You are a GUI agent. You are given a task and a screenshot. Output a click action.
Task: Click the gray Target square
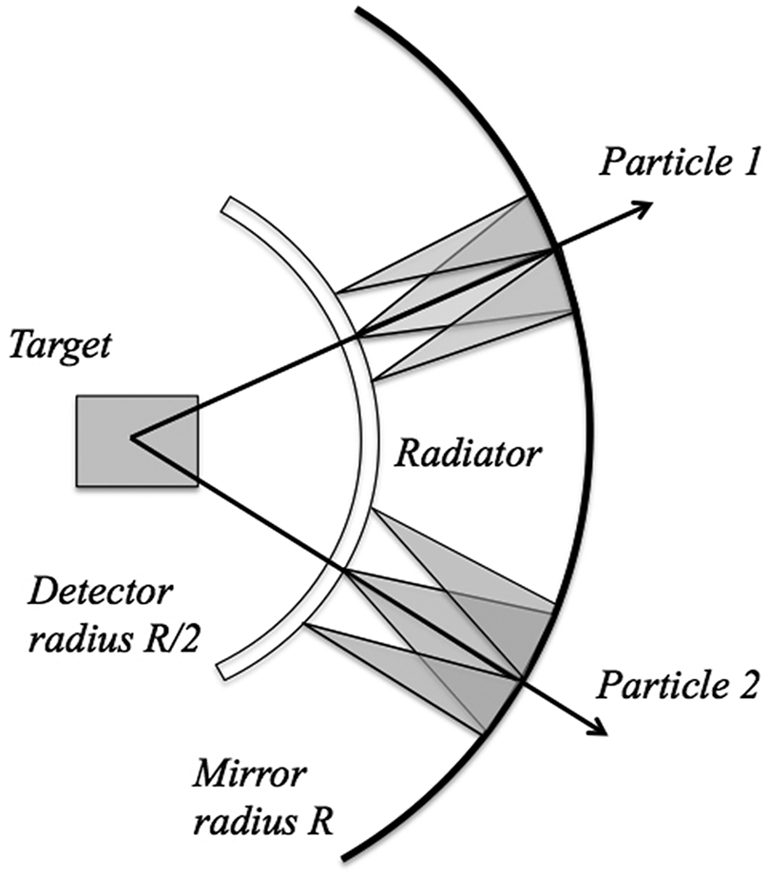click(138, 440)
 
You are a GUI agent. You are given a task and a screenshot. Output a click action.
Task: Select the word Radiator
click(468, 455)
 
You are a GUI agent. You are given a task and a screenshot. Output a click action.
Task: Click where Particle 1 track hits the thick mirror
click(553, 250)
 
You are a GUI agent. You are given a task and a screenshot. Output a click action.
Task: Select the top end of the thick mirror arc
click(358, 9)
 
